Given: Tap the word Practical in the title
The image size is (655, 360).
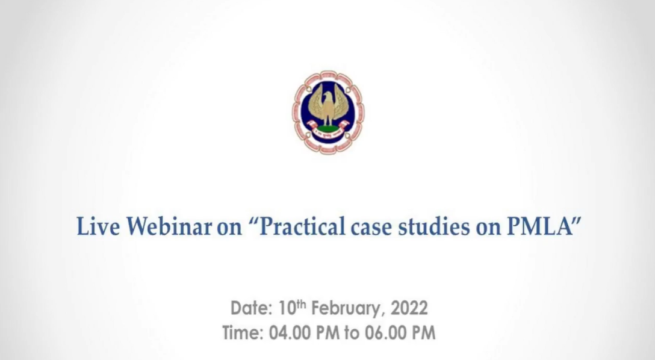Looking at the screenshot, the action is (x=302, y=227).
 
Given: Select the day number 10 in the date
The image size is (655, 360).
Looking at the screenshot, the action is (x=287, y=308).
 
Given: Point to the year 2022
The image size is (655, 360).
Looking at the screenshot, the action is (x=409, y=308).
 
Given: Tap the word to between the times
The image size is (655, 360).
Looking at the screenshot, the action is (x=352, y=334).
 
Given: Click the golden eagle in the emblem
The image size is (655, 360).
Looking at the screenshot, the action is (x=328, y=105).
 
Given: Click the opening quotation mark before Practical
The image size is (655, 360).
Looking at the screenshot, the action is (x=254, y=222).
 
